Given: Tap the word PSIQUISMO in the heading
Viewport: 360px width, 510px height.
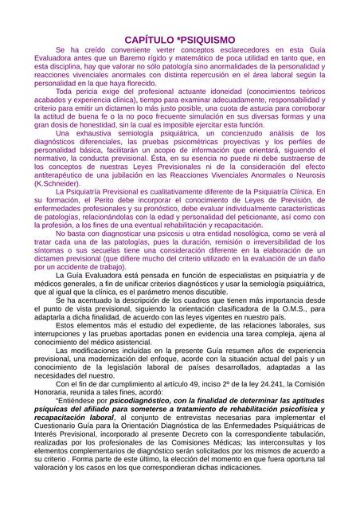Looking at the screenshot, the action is coord(206,39).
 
